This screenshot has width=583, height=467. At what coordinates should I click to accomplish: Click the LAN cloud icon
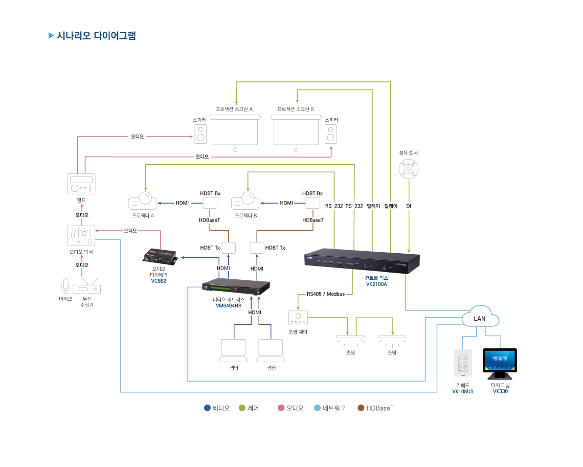(x=480, y=317)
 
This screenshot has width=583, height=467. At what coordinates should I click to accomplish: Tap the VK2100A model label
(x=376, y=284)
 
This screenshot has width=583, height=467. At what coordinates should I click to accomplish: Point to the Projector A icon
(x=143, y=200)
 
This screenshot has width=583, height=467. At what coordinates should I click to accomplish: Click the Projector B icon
(x=246, y=200)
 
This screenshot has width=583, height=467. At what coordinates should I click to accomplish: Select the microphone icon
(x=65, y=286)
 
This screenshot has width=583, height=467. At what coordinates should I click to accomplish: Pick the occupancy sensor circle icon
(x=409, y=168)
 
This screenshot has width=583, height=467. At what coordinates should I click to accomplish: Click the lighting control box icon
(x=298, y=318)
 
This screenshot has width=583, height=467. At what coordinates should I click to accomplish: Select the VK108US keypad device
(x=463, y=364)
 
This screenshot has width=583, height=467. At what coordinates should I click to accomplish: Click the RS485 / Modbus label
(x=325, y=294)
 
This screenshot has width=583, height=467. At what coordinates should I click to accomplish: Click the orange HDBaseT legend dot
(x=361, y=408)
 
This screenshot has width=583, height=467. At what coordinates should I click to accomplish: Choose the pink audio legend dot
(x=281, y=408)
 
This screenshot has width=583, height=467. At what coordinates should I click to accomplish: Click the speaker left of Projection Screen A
(x=200, y=135)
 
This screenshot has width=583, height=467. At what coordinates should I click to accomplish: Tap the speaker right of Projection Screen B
(x=331, y=135)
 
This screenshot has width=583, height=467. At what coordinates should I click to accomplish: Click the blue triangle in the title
(x=51, y=36)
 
